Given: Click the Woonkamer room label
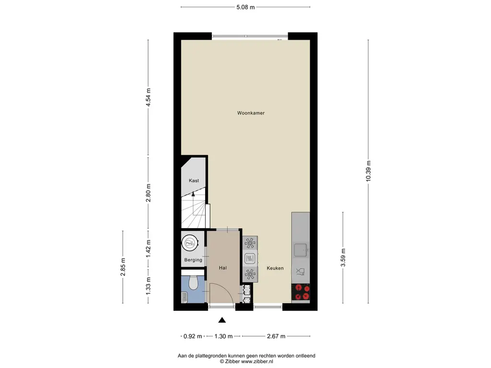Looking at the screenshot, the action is [x=251, y=113].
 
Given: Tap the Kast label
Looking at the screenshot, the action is [x=194, y=181].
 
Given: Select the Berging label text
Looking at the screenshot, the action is [x=193, y=260].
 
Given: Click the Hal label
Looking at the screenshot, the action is [x=222, y=268].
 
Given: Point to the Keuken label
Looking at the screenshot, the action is [x=275, y=268].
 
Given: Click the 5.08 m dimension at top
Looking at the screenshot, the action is [x=245, y=7].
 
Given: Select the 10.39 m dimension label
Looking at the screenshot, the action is [x=368, y=171].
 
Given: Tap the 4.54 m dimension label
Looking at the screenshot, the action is [x=149, y=97].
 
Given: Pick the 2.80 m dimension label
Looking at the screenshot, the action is [x=149, y=193].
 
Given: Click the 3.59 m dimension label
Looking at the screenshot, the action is [x=343, y=257].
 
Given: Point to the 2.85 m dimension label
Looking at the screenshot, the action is [x=123, y=267].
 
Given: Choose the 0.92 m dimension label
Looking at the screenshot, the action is [x=193, y=336].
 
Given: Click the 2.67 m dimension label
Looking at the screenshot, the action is [x=276, y=336].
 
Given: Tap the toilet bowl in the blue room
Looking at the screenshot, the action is [x=193, y=283].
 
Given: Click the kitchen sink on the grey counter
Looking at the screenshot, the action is [x=300, y=250].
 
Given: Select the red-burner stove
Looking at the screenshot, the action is [x=301, y=292].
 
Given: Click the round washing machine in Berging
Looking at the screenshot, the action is [x=190, y=242].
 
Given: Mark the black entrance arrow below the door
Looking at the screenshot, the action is [x=222, y=320].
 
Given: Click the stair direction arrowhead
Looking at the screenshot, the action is [x=193, y=194].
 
